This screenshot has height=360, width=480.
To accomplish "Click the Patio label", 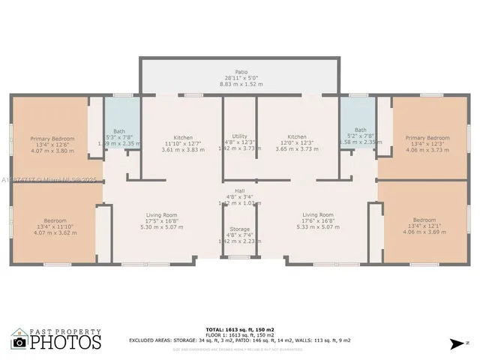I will click(x=241, y=72).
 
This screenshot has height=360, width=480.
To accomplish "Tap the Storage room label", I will click(x=240, y=229).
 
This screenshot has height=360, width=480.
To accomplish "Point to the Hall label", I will click(x=240, y=190).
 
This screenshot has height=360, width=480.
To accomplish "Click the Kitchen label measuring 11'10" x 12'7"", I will click(x=183, y=138).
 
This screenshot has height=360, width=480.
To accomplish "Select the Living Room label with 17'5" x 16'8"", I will click(x=161, y=215).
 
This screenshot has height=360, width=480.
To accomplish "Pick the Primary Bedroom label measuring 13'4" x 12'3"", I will click(x=427, y=138).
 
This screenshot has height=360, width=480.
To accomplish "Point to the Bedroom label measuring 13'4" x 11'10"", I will click(x=55, y=220).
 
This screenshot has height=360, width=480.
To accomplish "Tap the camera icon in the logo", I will click(x=20, y=342).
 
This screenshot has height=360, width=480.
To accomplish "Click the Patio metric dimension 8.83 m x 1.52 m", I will click(x=241, y=84).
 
